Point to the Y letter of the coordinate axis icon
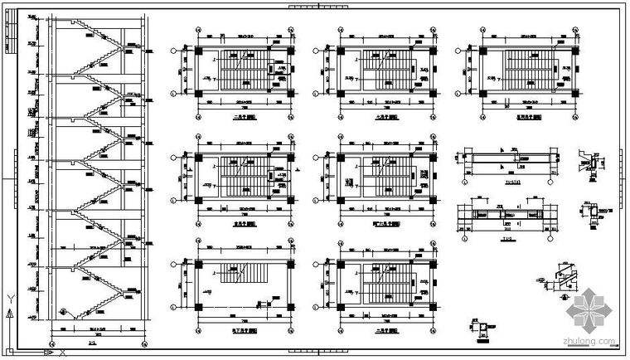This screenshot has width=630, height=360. pos(8,296)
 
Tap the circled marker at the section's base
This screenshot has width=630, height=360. pos(64,312)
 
